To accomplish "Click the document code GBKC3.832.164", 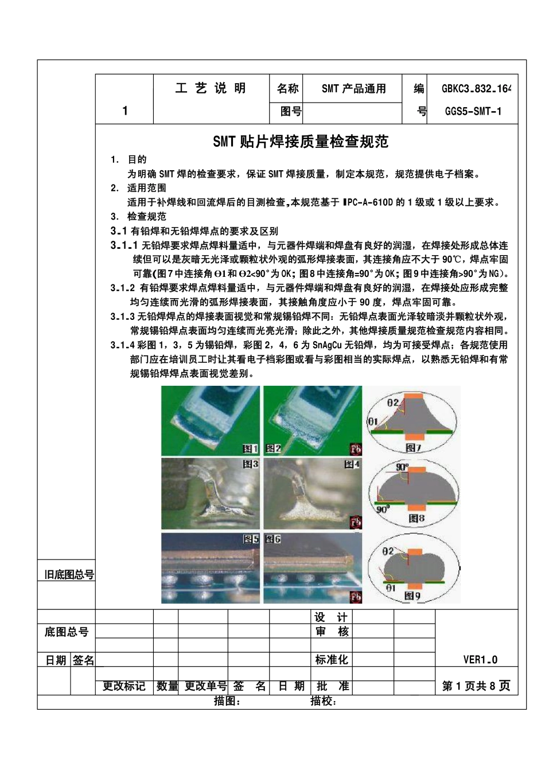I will [476, 89].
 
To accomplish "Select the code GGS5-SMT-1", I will [473, 112].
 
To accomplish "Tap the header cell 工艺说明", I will [211, 88].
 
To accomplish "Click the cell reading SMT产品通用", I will [353, 89].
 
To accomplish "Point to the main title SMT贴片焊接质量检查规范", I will [301, 142].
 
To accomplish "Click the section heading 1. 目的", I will [129, 160].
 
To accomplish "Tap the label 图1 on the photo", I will [251, 448].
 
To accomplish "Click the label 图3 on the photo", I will [251, 464].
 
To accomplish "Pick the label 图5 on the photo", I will [251, 539].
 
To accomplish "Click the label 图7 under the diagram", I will [413, 447].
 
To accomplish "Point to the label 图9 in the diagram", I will [412, 596].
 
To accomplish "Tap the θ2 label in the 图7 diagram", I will [392, 403].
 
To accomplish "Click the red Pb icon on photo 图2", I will [355, 449].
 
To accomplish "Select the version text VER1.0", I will [480, 660].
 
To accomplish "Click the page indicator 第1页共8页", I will [476, 686].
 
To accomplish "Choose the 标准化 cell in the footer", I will [332, 660].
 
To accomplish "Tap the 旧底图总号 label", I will [69, 574].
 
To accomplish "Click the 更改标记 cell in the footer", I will [124, 686].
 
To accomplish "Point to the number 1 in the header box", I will [125, 111].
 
